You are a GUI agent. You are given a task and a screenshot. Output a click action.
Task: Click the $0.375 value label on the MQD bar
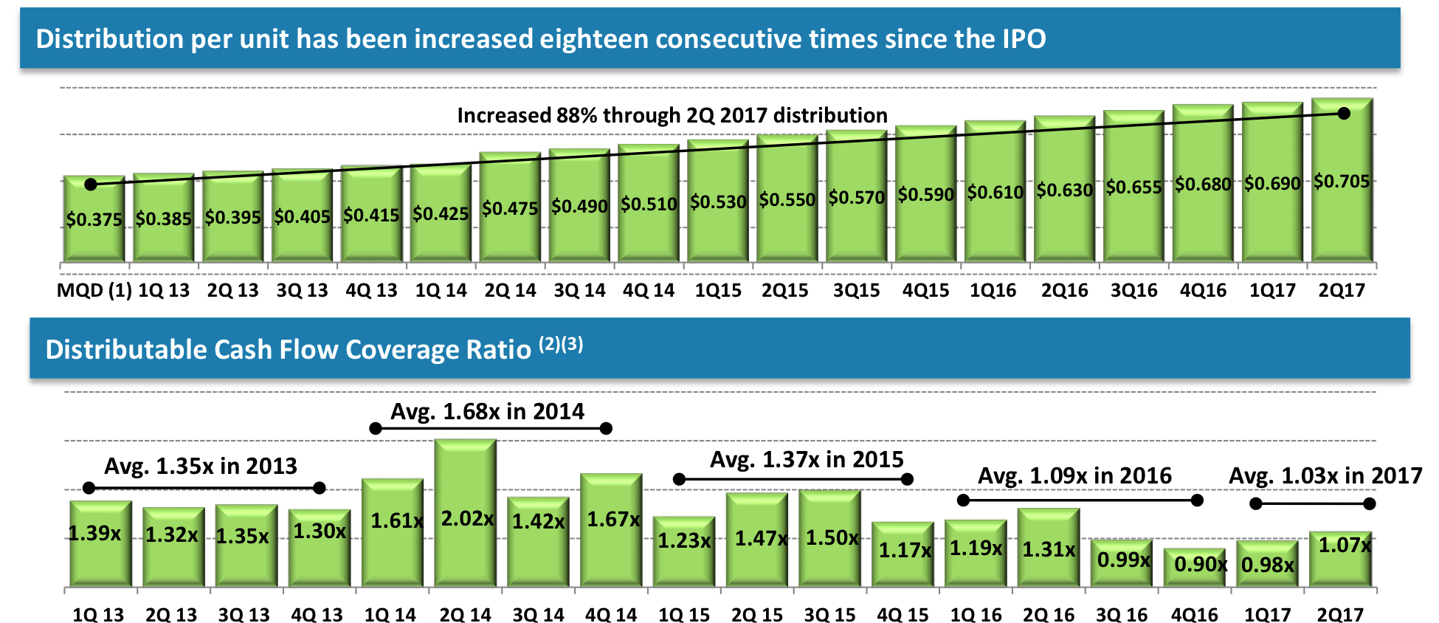[x=94, y=219]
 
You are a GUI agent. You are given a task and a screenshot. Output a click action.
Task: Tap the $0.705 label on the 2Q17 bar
[x=1341, y=182]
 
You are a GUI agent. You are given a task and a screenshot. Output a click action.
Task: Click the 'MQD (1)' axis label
[x=94, y=290]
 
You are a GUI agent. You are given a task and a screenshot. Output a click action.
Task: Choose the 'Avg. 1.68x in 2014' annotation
[x=487, y=411]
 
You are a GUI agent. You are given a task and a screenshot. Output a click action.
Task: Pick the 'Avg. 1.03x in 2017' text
[x=1325, y=475]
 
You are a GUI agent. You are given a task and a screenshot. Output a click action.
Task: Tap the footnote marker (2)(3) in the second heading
[x=560, y=344]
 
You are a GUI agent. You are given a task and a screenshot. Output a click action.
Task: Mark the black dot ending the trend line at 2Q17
[x=1343, y=114]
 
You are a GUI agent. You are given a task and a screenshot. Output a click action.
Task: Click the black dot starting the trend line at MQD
[x=91, y=185]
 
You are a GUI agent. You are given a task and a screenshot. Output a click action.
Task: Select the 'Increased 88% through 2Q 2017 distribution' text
[x=672, y=115]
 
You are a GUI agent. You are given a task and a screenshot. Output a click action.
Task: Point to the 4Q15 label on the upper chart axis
[x=925, y=290]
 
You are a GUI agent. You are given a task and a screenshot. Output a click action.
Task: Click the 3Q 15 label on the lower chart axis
[x=829, y=614]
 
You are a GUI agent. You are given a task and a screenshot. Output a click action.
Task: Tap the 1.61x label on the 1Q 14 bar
[x=396, y=521]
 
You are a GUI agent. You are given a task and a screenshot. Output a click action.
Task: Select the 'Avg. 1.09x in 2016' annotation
[x=1074, y=475]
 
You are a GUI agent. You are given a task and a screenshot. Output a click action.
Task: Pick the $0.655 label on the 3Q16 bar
[x=1133, y=187]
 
